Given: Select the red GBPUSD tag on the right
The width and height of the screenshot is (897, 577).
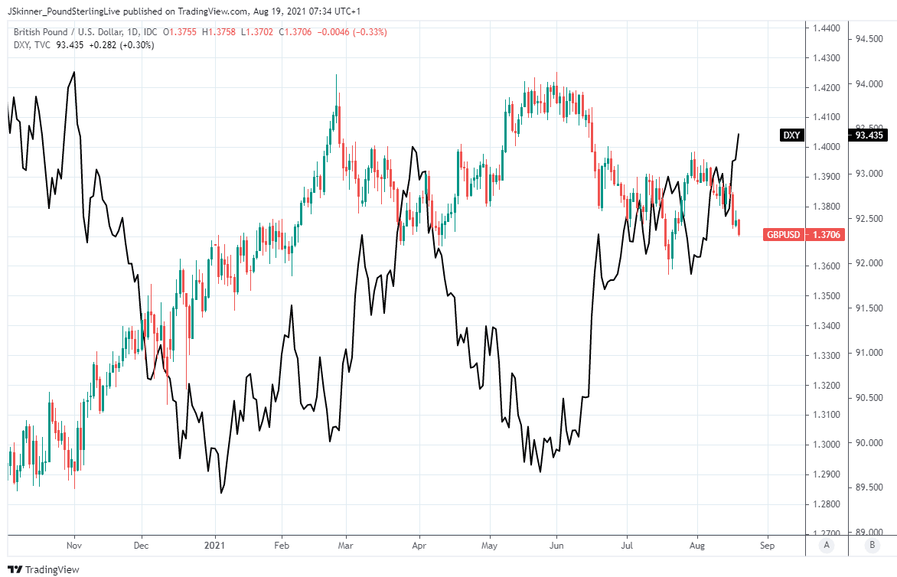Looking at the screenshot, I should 783,234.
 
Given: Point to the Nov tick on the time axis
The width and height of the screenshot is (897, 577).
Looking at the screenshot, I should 74,546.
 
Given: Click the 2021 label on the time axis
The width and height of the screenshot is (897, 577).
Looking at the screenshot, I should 215,546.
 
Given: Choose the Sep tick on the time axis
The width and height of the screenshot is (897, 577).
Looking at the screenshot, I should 768,546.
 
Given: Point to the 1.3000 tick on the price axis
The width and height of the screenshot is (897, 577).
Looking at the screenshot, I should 826,445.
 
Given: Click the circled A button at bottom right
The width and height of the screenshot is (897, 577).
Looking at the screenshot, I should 826,546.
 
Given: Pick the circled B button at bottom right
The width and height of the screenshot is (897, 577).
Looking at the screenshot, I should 872,546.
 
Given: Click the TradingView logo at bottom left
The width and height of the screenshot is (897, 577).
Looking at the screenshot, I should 46,569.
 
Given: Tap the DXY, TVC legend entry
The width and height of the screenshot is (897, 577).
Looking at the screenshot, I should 31,45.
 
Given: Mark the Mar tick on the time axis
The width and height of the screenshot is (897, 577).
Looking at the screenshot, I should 346,546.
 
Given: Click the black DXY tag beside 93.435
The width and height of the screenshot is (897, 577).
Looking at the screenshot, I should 791,135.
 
